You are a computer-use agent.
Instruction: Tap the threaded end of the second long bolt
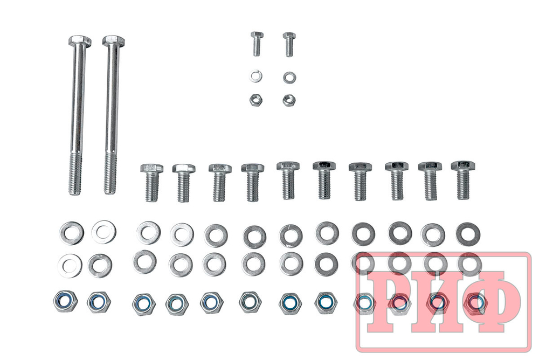click(x=110, y=174)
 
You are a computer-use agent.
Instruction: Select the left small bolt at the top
click(x=257, y=44)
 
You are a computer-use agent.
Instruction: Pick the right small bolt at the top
click(x=289, y=44)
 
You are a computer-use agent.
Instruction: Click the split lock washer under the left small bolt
click(x=255, y=76)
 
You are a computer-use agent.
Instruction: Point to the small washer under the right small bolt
click(x=289, y=78)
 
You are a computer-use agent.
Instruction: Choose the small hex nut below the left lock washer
click(x=256, y=100)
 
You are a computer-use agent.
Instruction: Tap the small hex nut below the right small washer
click(x=289, y=100)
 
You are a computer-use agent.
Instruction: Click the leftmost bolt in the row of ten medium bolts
click(x=151, y=183)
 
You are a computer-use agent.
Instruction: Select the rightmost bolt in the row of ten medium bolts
click(x=463, y=180)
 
